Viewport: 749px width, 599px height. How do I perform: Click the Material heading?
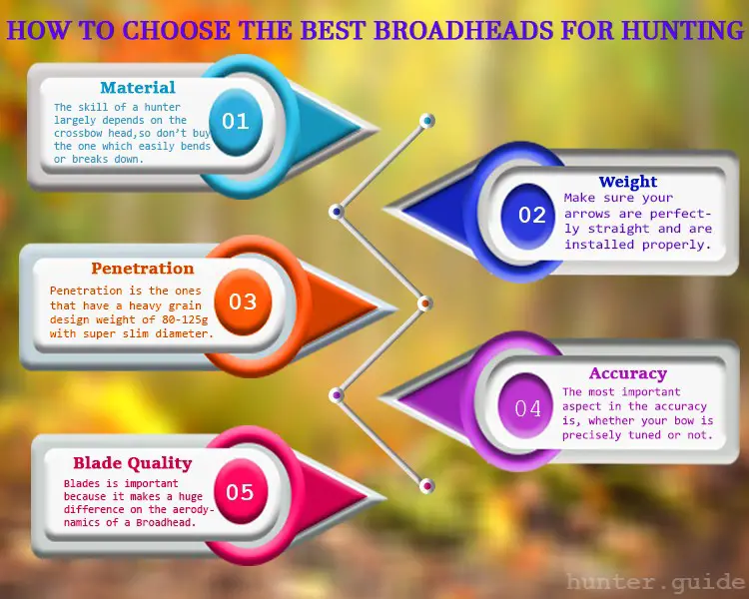click(138, 88)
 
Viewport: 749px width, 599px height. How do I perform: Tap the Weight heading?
click(628, 182)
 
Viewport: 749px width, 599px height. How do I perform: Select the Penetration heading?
click(143, 268)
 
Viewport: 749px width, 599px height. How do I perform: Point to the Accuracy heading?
click(628, 373)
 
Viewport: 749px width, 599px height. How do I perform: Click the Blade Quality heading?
click(132, 463)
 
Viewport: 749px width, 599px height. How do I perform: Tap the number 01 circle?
click(236, 122)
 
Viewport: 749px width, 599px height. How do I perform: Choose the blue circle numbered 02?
click(528, 215)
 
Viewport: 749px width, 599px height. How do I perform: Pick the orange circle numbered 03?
click(243, 301)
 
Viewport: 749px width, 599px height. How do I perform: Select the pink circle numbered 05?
click(240, 491)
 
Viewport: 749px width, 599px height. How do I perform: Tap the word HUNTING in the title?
click(683, 30)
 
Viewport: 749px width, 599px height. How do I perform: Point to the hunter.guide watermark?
click(655, 582)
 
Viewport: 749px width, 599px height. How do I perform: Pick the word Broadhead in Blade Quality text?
click(166, 522)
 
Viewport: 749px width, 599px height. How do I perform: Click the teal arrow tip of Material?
click(376, 129)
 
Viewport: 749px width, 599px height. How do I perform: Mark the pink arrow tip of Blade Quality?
click(382, 497)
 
